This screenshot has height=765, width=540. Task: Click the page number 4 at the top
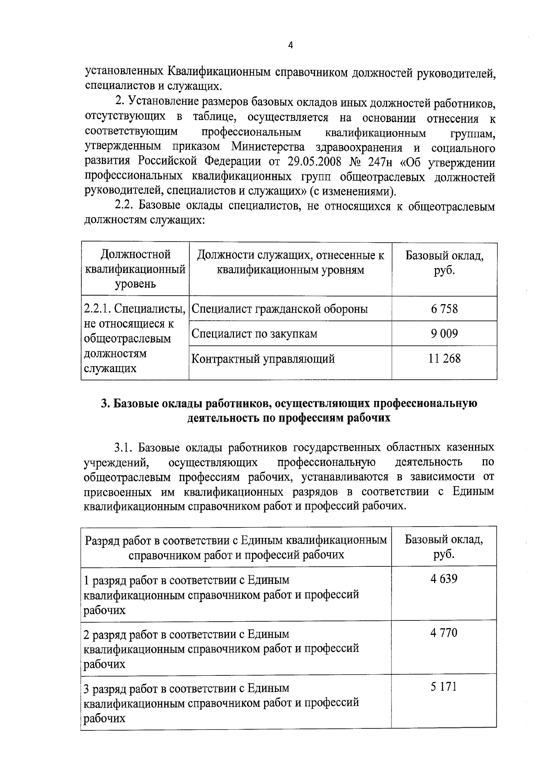click(290, 45)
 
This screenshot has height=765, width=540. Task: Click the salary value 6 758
click(444, 309)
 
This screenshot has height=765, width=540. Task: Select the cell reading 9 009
click(444, 334)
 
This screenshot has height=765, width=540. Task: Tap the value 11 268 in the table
click(444, 359)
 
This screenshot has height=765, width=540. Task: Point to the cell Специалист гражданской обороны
click(279, 309)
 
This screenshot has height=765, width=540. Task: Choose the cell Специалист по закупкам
click(254, 334)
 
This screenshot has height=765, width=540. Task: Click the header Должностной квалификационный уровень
click(135, 269)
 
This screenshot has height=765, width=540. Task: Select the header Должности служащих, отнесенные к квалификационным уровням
click(290, 263)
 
